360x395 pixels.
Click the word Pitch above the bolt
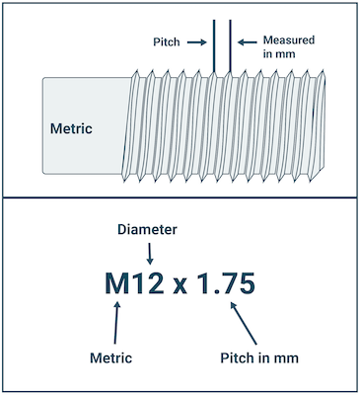point(167,42)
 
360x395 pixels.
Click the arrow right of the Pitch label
point(197,42)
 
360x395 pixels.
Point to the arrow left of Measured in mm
point(248,42)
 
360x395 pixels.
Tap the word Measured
point(289,40)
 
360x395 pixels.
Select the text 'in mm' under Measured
point(279,53)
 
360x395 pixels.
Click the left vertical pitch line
point(214,46)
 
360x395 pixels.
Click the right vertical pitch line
point(230,46)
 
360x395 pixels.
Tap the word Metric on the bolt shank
point(71,128)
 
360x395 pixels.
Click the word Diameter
point(147,230)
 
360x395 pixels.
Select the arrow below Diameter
point(150,254)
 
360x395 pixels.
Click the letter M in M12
point(117,283)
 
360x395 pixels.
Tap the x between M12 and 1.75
point(180,286)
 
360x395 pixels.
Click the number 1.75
point(226,283)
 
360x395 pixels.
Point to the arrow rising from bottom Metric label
point(116,323)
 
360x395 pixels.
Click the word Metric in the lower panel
point(110,357)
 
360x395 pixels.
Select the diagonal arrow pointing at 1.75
point(244,323)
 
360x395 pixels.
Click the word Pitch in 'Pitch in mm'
point(234,357)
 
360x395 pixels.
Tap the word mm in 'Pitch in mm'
point(287,359)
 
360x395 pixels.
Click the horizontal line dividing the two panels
point(180,197)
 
